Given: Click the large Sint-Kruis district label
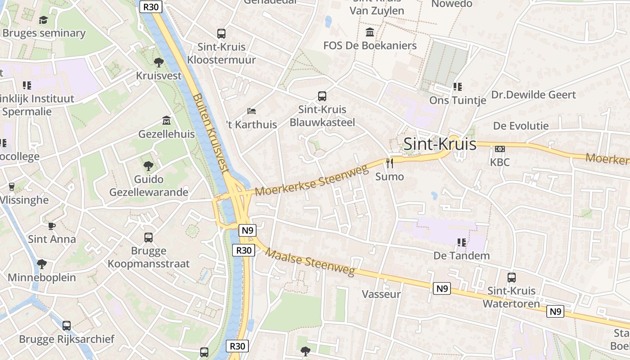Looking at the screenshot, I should (440, 144).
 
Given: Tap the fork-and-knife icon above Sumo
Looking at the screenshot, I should (390, 163).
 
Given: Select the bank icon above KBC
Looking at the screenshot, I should (499, 149).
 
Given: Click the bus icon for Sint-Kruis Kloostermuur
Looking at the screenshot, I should (221, 33).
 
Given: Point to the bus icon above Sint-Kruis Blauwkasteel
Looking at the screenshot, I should (322, 96).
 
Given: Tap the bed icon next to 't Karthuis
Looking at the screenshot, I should (252, 111).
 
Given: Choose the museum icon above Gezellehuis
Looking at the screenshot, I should (166, 121).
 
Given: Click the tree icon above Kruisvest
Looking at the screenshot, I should (158, 63).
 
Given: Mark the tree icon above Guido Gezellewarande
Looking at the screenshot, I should (148, 166).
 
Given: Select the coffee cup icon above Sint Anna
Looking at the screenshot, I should (52, 226).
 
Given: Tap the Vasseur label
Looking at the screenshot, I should (381, 294).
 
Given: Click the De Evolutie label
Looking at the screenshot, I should (521, 126).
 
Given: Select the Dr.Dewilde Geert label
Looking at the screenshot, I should (533, 95).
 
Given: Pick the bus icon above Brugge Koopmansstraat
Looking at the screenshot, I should (148, 237).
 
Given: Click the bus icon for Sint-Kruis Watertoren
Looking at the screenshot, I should (512, 278).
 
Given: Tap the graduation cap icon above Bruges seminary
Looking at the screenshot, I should (43, 20).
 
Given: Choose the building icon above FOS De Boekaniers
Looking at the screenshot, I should (370, 32).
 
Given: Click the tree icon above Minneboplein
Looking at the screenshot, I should (42, 264).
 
